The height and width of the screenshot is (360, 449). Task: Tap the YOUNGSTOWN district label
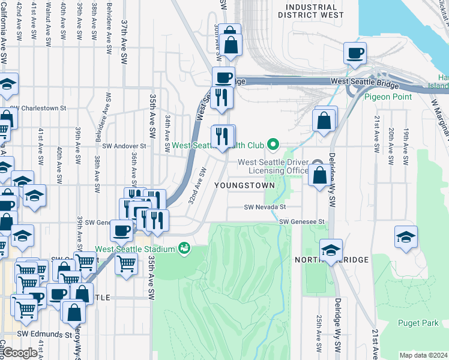click(x=244, y=185)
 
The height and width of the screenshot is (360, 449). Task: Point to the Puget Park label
click(x=418, y=323)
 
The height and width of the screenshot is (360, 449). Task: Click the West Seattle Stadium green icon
click(x=184, y=248)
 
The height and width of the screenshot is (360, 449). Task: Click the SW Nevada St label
click(x=264, y=207)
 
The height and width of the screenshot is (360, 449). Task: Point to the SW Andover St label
click(x=124, y=146)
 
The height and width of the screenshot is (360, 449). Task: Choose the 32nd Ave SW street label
click(x=197, y=185)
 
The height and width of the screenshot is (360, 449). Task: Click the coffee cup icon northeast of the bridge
click(x=355, y=53)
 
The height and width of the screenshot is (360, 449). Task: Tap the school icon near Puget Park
click(x=406, y=237)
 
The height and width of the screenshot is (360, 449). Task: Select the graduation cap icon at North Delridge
click(x=331, y=250)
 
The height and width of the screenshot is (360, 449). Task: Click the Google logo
click(x=19, y=353)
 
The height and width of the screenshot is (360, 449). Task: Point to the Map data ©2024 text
click(x=423, y=355)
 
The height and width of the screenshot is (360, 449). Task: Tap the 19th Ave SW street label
click(x=407, y=137)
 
